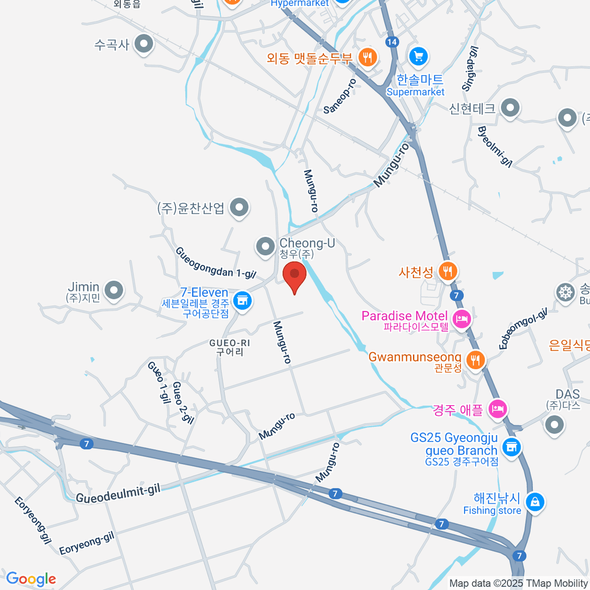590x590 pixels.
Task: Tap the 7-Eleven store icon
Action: point(242,299)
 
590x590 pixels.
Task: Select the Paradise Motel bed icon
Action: point(461,319)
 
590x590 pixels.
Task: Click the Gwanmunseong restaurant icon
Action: point(474,360)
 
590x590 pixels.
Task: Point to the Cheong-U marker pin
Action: point(265,246)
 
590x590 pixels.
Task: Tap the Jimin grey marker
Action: point(114,290)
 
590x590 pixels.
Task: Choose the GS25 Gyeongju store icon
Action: point(511,447)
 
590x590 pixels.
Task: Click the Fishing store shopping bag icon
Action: point(534,501)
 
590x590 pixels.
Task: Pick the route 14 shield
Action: point(392,42)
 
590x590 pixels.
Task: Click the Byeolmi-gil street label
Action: point(495,146)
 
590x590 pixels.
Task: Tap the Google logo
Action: point(31,579)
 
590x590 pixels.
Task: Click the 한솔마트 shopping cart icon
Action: point(418,57)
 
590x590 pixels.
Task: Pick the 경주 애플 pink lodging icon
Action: point(498,409)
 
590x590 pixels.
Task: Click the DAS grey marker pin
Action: point(555,424)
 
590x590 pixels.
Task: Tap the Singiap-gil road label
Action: point(470,69)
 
